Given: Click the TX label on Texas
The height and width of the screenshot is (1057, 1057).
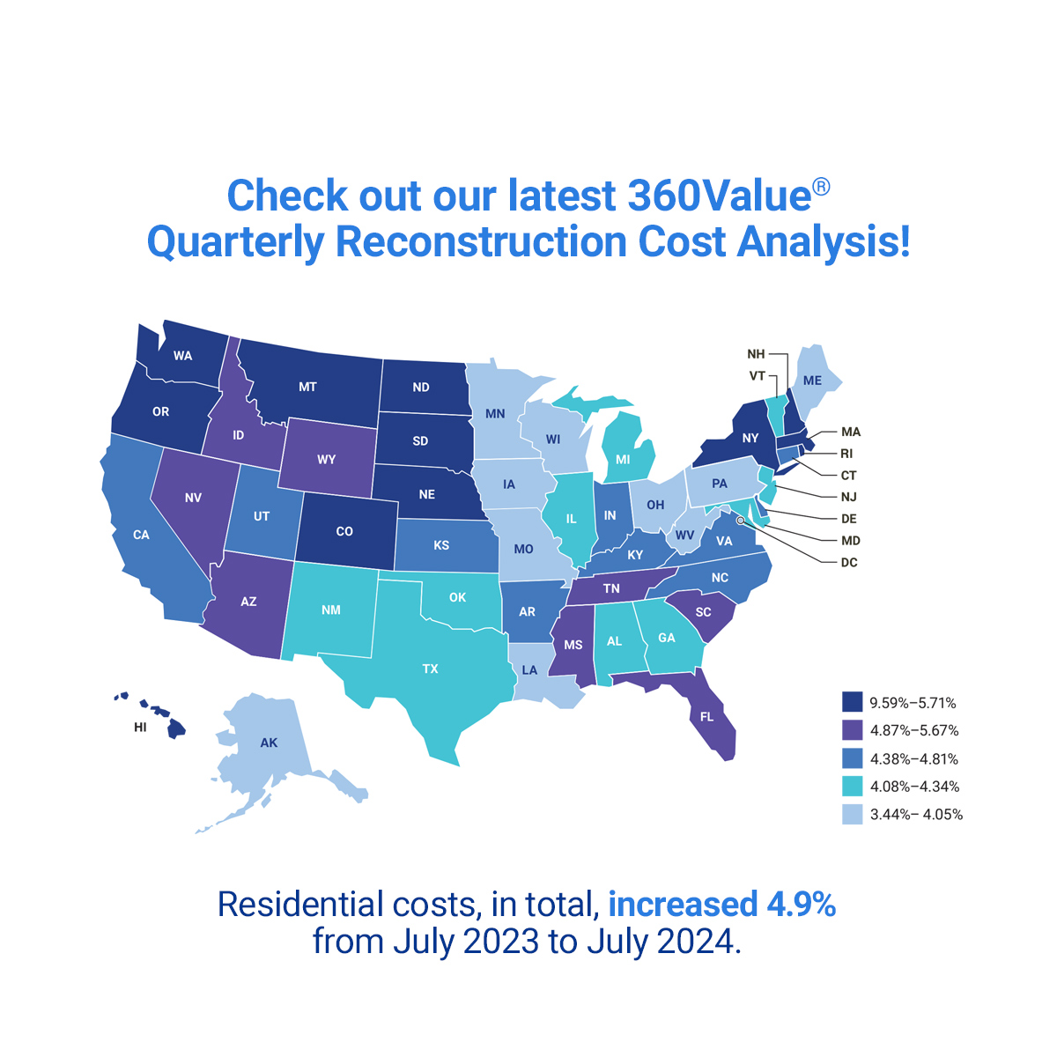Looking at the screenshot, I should tap(430, 669).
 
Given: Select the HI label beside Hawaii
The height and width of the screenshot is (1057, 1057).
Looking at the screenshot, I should tap(141, 728).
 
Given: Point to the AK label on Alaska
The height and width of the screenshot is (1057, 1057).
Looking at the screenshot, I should tap(269, 743).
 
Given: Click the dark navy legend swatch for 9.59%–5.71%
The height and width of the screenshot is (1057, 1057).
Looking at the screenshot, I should tap(852, 702).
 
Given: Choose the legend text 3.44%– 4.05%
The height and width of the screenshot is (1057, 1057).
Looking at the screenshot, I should tap(916, 815).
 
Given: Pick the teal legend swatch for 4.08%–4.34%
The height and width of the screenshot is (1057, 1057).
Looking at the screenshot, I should tap(852, 787).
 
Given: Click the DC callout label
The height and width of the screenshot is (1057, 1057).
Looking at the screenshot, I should tap(848, 562).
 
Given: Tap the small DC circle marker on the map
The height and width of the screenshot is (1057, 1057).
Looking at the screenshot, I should tap(740, 521).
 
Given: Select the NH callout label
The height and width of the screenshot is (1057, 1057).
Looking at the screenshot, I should tap(756, 354).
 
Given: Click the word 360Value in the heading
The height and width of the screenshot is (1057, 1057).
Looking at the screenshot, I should tap(719, 196).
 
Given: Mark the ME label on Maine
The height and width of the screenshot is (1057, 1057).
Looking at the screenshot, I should tap(812, 381).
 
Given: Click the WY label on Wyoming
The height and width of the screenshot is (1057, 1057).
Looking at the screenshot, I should tap(326, 460).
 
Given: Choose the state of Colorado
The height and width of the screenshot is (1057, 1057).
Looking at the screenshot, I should tap(344, 531).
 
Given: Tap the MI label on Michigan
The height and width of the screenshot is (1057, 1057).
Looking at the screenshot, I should tap(623, 459).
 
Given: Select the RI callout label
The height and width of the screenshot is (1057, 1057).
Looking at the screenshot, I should tap(846, 454).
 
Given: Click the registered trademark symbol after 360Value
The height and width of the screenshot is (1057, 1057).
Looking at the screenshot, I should tap(821, 187).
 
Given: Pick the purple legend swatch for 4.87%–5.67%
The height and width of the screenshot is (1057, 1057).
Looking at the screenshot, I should tap(852, 730).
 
